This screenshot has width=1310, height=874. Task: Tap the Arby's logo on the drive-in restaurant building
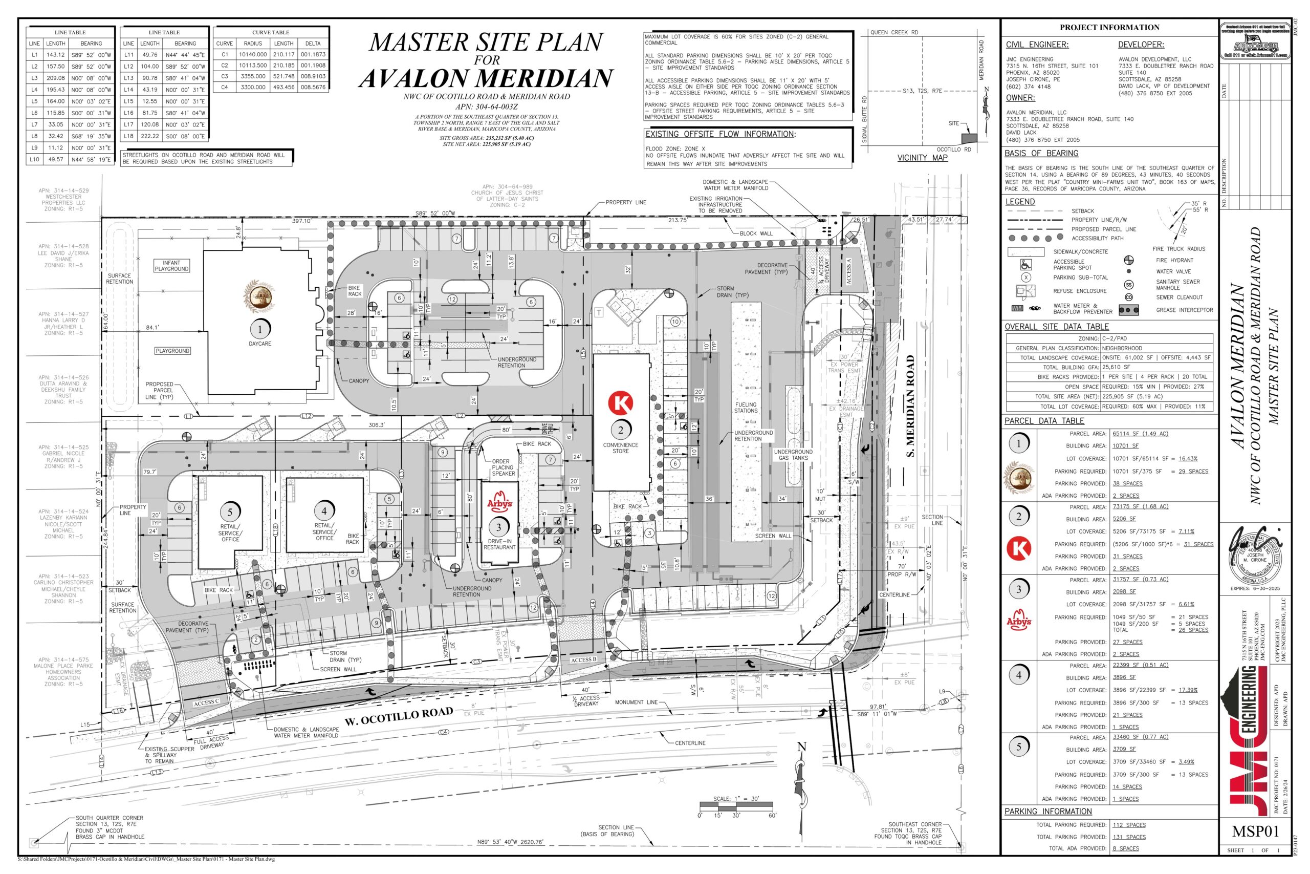(x=499, y=502)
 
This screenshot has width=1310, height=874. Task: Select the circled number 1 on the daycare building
(x=259, y=329)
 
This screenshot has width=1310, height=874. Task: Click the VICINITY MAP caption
(x=922, y=158)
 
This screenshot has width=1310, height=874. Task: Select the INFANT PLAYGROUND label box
(x=171, y=266)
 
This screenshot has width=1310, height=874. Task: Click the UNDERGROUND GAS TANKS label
(x=793, y=455)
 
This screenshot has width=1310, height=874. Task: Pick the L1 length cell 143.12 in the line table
(x=56, y=55)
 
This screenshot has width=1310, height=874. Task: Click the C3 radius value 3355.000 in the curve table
(x=253, y=76)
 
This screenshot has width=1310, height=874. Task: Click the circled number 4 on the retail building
(x=324, y=510)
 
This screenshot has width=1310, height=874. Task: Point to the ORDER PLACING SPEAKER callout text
(x=503, y=467)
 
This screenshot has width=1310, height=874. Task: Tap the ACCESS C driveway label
(x=206, y=703)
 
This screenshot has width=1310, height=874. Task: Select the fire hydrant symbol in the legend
(x=1129, y=260)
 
